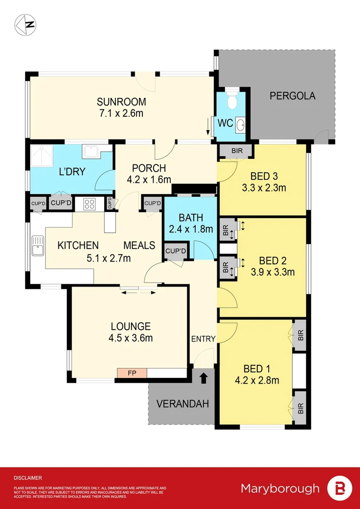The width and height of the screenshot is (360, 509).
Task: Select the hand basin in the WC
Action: [x=240, y=124]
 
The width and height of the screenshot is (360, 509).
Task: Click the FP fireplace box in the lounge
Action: [x=132, y=373]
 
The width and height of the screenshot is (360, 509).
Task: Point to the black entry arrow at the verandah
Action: [x=204, y=378]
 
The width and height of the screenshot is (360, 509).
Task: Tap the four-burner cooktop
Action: [x=90, y=204]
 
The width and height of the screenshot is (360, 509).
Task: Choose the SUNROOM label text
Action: [x=121, y=102]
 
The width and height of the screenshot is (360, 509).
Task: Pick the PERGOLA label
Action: [x=292, y=96]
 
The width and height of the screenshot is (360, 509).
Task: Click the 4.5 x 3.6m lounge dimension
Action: [x=131, y=338]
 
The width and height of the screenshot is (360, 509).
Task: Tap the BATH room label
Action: [x=191, y=218]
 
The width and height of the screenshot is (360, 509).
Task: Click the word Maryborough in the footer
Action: [x=280, y=488]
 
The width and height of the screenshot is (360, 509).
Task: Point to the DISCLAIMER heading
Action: [x=28, y=477]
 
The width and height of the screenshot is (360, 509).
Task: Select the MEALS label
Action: [x=139, y=245]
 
